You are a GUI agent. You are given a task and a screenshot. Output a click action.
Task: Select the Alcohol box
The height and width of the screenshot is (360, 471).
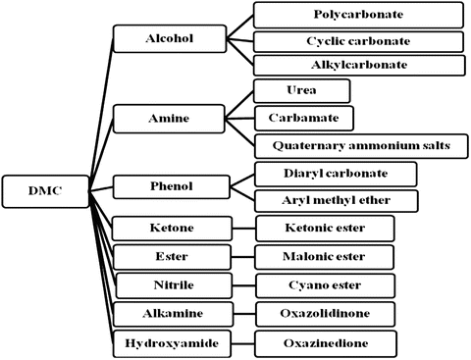pos(169,39)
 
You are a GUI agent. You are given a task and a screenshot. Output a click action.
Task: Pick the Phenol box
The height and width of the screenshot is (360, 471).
pos(169,185)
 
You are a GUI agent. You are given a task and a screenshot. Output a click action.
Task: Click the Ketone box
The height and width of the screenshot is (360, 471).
pos(169,228)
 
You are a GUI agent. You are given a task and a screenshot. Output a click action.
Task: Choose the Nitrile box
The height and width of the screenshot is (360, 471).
pos(169,285)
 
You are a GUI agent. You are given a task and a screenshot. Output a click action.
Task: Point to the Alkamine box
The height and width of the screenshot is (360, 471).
pos(169,315)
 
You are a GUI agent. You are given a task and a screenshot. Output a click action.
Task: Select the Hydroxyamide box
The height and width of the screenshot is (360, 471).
pos(169,343)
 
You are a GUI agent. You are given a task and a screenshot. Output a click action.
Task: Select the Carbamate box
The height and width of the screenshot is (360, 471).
pos(298,118)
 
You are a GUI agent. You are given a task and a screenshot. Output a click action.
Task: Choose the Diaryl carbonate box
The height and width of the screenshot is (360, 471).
pos(335,174)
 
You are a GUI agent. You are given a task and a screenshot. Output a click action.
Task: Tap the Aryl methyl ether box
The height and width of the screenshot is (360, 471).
pos(335,200)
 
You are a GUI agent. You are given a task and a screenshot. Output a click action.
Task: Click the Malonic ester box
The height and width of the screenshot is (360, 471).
pos(325,257)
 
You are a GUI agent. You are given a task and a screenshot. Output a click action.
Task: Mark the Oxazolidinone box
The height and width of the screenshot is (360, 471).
pos(325,315)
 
